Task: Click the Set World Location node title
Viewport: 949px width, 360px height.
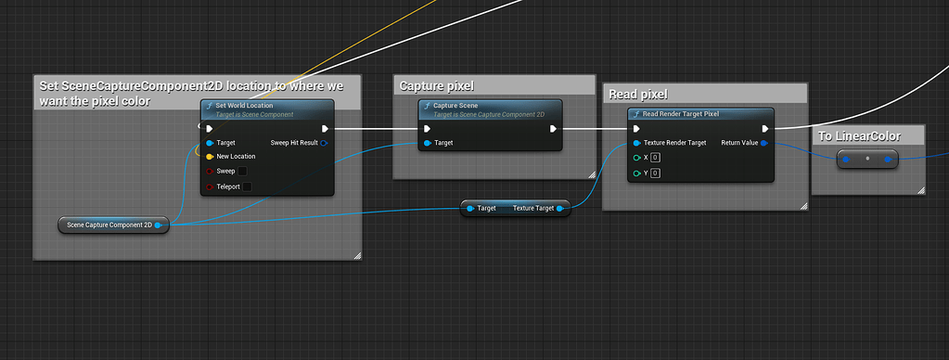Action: pyautogui.click(x=245, y=105)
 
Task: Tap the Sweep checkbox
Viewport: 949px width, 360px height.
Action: pyautogui.click(x=243, y=172)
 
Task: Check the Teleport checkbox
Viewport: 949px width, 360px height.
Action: pyautogui.click(x=247, y=186)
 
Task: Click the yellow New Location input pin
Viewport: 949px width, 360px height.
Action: pyautogui.click(x=210, y=157)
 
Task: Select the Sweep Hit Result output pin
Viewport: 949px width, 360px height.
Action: pyautogui.click(x=324, y=143)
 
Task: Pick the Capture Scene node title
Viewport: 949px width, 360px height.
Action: pyautogui.click(x=455, y=105)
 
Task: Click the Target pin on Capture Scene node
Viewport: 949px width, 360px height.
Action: pyautogui.click(x=428, y=143)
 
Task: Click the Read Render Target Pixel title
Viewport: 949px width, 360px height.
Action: pyautogui.click(x=680, y=114)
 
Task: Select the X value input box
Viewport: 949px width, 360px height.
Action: pyautogui.click(x=655, y=158)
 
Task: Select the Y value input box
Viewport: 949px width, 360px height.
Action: pyautogui.click(x=655, y=173)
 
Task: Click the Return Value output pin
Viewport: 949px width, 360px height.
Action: pyautogui.click(x=763, y=143)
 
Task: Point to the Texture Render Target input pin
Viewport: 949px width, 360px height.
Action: pyautogui.click(x=636, y=143)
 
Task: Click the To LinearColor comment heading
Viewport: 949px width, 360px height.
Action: pyautogui.click(x=858, y=136)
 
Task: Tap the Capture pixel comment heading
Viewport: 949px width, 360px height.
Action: pyautogui.click(x=430, y=86)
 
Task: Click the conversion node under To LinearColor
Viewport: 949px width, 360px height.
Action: pyautogui.click(x=867, y=159)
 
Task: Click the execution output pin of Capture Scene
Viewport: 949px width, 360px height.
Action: pyautogui.click(x=553, y=129)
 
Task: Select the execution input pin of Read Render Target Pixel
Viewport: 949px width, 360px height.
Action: pyautogui.click(x=636, y=129)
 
